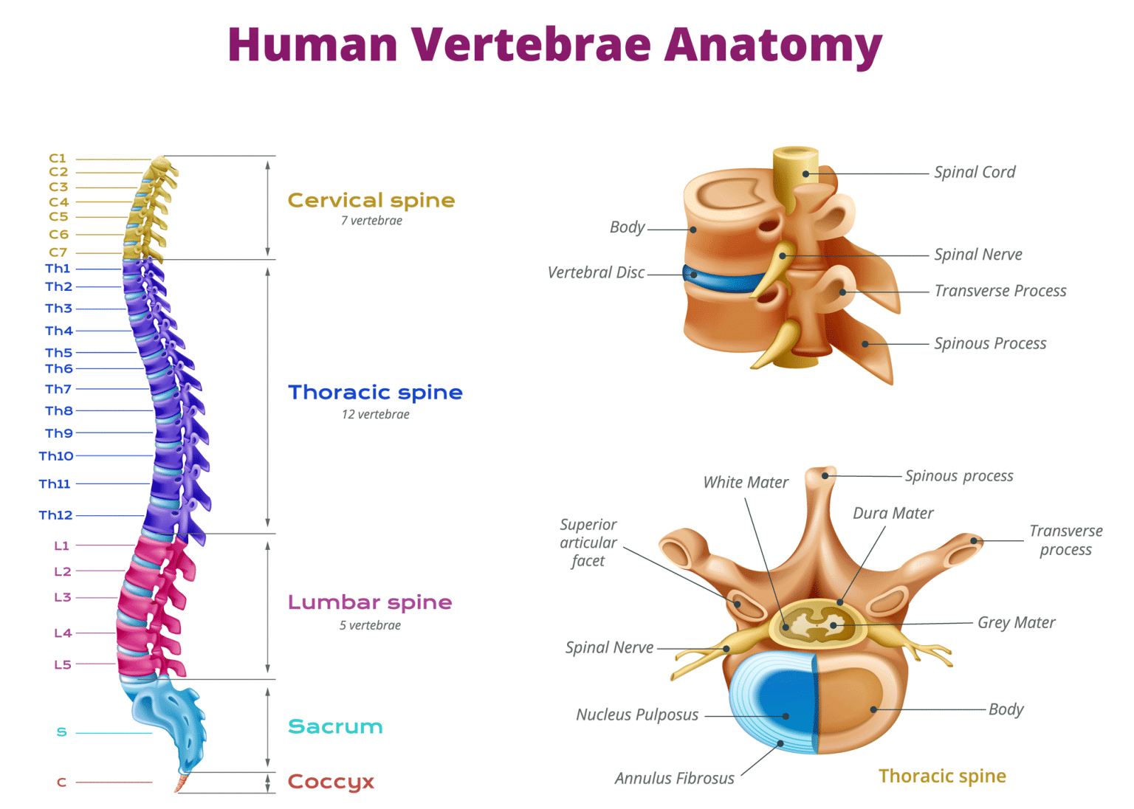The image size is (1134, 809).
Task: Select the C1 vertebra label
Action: pos(58,158)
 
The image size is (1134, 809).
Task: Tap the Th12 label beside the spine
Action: pos(56,515)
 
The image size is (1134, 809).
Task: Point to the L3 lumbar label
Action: pos(63,597)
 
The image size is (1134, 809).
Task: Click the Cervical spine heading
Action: pos(371,200)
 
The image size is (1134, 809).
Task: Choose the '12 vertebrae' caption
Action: pos(375,414)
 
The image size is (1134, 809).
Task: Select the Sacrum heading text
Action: pos(335,726)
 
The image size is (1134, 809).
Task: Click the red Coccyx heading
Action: pos(331,781)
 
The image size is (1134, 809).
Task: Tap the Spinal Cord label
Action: pos(975,172)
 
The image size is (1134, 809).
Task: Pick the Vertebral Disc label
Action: pos(596,272)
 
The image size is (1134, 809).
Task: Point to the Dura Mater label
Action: pos(893,513)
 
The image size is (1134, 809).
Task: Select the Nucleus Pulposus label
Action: pos(637,715)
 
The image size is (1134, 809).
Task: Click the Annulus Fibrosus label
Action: pos(674,778)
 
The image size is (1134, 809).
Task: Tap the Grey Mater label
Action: pos(1016,622)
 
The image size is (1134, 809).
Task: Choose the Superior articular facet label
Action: pos(588,543)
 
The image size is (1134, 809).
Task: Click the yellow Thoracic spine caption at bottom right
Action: pos(942,776)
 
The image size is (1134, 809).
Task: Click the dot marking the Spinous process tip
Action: pos(825,475)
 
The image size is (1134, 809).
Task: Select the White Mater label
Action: pos(746,482)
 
